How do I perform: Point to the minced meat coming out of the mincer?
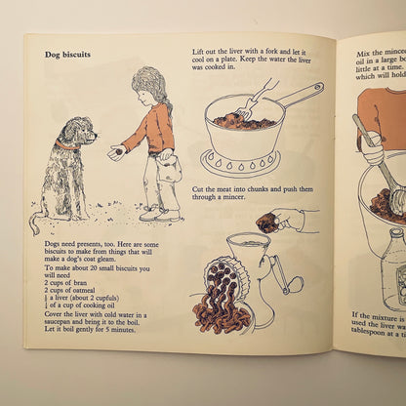tap(220, 298)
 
